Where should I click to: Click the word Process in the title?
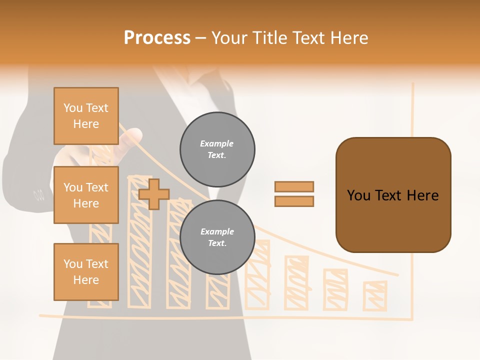tap(157, 38)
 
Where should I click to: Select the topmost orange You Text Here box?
tap(86, 116)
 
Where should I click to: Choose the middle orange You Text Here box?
tap(86, 195)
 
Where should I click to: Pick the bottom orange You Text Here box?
tap(86, 272)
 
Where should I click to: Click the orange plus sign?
tap(154, 194)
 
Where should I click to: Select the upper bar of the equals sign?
tap(294, 186)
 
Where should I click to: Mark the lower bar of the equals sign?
tap(294, 201)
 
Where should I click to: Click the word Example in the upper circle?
tap(217, 144)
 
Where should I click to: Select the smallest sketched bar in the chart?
tap(375, 295)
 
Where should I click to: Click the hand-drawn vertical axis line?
tap(412, 200)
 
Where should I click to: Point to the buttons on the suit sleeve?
tap(38, 193)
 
